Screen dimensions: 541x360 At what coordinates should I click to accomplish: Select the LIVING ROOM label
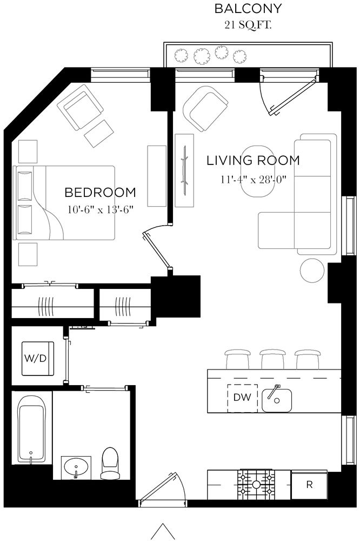pyautogui.click(x=253, y=160)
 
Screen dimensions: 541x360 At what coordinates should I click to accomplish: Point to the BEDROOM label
pyautogui.click(x=100, y=192)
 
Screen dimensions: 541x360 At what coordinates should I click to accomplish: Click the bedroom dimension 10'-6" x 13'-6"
pyautogui.click(x=100, y=208)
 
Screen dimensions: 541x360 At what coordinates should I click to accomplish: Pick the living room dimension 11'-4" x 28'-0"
pyautogui.click(x=253, y=179)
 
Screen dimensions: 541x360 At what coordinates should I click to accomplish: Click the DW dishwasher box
pyautogui.click(x=243, y=398)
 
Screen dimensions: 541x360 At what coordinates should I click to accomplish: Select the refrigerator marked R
pyautogui.click(x=309, y=485)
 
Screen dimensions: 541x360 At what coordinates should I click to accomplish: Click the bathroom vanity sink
pyautogui.click(x=77, y=467)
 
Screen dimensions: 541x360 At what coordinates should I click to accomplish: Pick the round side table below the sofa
pyautogui.click(x=312, y=270)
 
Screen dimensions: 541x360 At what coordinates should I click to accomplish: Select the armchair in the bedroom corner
pyautogui.click(x=83, y=107)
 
